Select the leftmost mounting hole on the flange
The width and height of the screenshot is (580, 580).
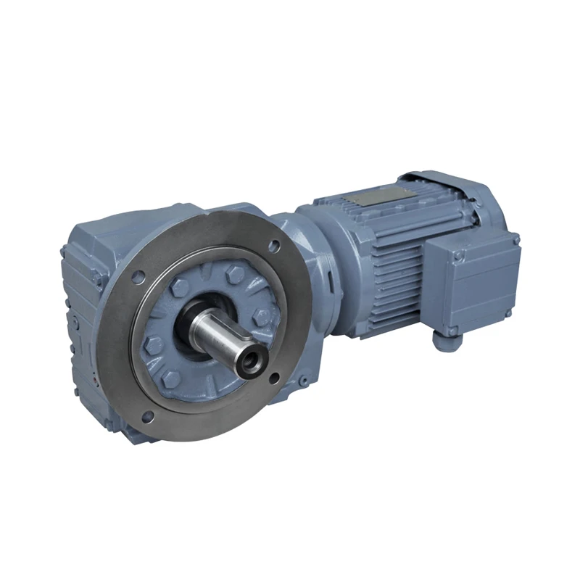click(x=138, y=274)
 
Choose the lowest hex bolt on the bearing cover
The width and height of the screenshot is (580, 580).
click(x=169, y=377)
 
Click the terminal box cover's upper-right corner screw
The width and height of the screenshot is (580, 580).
click(x=515, y=239)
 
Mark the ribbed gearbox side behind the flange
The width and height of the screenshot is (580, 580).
click(x=80, y=304)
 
